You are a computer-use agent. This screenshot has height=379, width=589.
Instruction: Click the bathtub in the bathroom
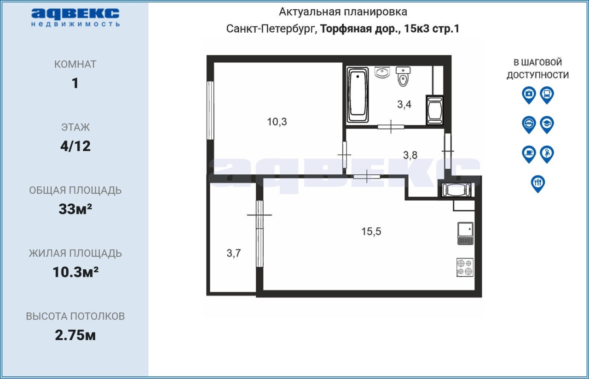pos(358,95)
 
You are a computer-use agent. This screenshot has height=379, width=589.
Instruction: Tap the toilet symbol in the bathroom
pos(403,77)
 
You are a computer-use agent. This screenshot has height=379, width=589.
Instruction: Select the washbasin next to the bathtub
pos(382,72)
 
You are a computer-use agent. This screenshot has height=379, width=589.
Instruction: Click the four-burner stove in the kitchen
pos(465,267)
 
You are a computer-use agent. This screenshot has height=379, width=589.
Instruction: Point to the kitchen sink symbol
pos(465,233)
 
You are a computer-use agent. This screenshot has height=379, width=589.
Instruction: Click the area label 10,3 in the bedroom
pos(277,122)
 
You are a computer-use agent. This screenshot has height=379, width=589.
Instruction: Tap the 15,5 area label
pos(371,231)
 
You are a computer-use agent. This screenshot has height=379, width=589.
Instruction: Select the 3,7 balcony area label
pos(233,253)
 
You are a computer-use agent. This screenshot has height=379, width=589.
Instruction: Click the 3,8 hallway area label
pos(410,155)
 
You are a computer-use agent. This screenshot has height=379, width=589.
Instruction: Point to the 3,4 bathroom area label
pos(404,104)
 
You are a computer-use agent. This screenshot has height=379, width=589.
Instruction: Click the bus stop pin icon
pos(547,95)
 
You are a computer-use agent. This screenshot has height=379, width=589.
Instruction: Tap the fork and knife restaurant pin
pos(538,184)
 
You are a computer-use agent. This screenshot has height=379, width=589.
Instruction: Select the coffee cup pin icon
pos(529,154)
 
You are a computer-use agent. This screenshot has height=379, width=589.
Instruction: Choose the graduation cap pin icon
pos(547,125)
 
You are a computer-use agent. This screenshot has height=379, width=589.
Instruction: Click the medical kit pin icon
pos(529,95)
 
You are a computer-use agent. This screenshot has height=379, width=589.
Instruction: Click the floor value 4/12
pos(75,146)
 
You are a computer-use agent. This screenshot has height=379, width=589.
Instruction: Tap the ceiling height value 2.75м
pos(75,335)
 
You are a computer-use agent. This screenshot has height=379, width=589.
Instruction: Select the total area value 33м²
pos(75,209)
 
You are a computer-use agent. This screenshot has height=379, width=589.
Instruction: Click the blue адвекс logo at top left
pos(75,18)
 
